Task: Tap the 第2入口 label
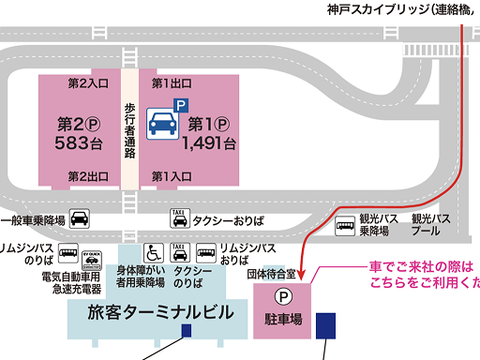pyautogui.click(x=88, y=83)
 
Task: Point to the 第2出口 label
pyautogui.click(x=88, y=176)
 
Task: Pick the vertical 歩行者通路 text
pyautogui.click(x=130, y=130)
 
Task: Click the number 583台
pyautogui.click(x=78, y=143)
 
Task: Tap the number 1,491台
pyautogui.click(x=208, y=143)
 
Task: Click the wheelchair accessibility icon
pyautogui.click(x=153, y=252)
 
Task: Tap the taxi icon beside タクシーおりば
pyautogui.click(x=178, y=219)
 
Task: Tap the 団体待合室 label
pyautogui.click(x=271, y=275)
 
